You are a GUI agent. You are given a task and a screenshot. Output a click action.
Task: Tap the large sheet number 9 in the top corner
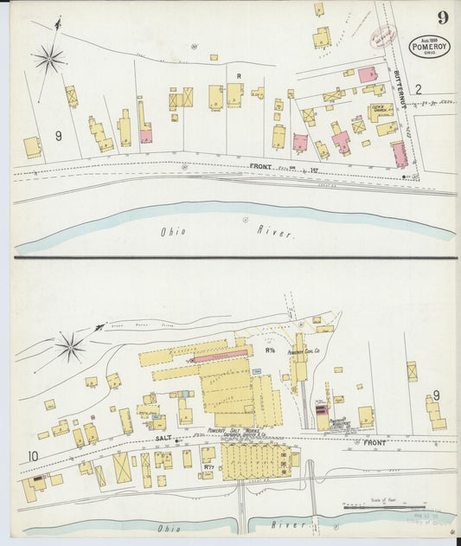[443, 17]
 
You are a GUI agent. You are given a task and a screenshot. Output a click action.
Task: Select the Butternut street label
[400, 90]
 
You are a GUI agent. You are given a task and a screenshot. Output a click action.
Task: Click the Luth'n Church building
[380, 111]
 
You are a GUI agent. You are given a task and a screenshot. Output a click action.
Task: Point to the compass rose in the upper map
[49, 59]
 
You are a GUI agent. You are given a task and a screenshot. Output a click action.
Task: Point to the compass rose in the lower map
[71, 349]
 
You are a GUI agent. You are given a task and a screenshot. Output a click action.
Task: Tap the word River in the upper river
[276, 232]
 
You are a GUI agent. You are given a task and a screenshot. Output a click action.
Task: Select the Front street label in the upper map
[261, 166]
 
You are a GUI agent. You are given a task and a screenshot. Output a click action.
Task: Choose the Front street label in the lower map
[375, 442]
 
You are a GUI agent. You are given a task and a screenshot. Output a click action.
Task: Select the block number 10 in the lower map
[33, 456]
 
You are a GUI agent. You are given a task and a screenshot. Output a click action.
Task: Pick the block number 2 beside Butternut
[417, 88]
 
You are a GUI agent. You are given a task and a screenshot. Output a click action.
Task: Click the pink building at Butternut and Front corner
[399, 155]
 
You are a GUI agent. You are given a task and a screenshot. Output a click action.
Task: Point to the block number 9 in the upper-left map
[59, 136]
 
